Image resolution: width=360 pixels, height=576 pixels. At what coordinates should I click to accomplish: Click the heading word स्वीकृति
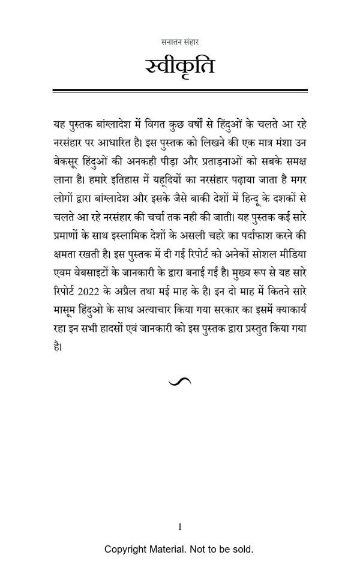tap(179, 65)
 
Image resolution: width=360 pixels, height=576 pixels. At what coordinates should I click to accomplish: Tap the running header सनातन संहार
tap(180, 42)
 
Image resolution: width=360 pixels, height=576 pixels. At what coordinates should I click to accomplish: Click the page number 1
tap(180, 527)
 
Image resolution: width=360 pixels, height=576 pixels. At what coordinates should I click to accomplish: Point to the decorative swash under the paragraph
tap(180, 382)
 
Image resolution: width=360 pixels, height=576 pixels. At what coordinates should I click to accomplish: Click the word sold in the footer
tap(242, 549)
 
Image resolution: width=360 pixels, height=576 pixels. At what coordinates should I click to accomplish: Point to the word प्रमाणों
tap(70, 235)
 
